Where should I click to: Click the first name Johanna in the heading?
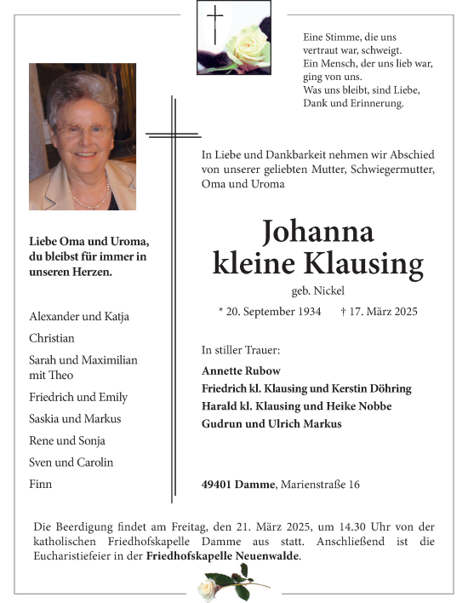click(318, 231)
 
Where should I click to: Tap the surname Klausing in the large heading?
click(372, 264)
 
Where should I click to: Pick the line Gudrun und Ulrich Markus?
click(271, 423)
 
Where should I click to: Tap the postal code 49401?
click(218, 485)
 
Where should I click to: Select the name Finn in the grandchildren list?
click(41, 484)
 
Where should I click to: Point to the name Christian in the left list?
click(52, 338)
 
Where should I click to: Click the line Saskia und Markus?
click(75, 418)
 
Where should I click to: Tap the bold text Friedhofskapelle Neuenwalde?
click(223, 556)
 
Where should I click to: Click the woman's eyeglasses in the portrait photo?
click(83, 130)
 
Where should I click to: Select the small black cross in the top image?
click(215, 25)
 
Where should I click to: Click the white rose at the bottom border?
click(208, 588)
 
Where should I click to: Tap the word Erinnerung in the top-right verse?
click(375, 103)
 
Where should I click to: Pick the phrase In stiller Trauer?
click(241, 350)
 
